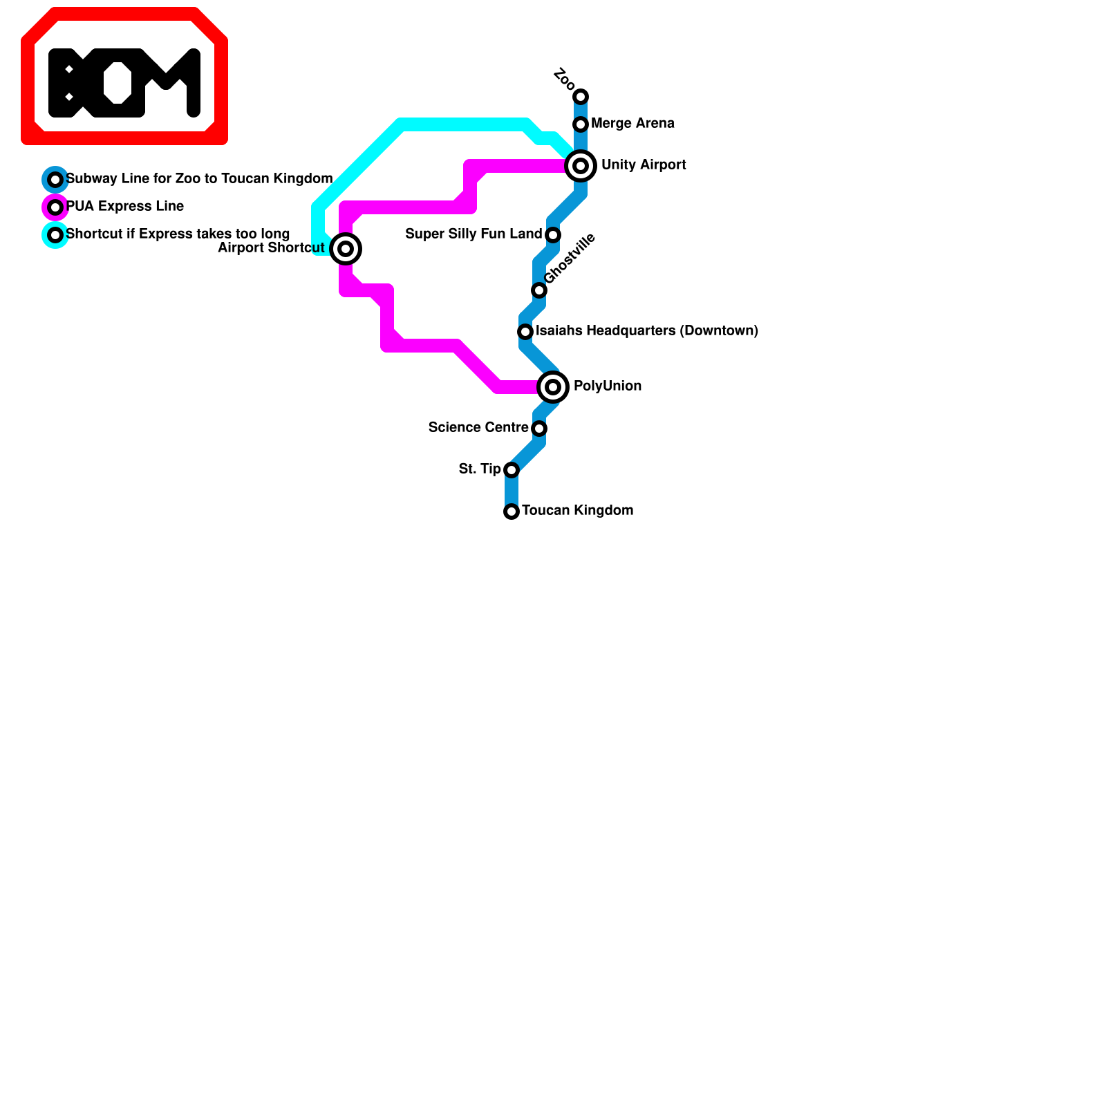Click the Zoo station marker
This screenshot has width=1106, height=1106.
(581, 96)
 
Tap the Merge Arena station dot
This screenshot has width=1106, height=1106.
(581, 124)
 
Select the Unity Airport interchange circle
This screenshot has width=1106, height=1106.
(581, 166)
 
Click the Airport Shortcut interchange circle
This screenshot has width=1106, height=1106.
(346, 249)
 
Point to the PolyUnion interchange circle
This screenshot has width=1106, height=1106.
(553, 387)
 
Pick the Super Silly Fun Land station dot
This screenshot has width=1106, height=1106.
(553, 235)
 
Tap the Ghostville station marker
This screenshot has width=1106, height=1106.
(539, 290)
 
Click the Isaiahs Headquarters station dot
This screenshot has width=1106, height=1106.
(525, 332)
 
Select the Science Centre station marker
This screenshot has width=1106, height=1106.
(539, 429)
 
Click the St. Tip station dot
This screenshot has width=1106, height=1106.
(512, 470)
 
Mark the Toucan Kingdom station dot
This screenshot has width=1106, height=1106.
(512, 512)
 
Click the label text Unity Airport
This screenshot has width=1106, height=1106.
(643, 165)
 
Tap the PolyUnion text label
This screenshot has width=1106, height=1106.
(607, 386)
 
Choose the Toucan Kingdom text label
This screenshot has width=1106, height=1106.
(577, 511)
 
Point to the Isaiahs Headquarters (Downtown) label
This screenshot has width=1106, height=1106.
(646, 331)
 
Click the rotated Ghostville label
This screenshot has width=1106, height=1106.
(570, 259)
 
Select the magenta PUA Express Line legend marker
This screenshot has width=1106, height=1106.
(55, 207)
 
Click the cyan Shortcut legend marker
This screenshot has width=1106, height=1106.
(55, 235)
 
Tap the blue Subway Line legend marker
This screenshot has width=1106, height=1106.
(55, 180)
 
